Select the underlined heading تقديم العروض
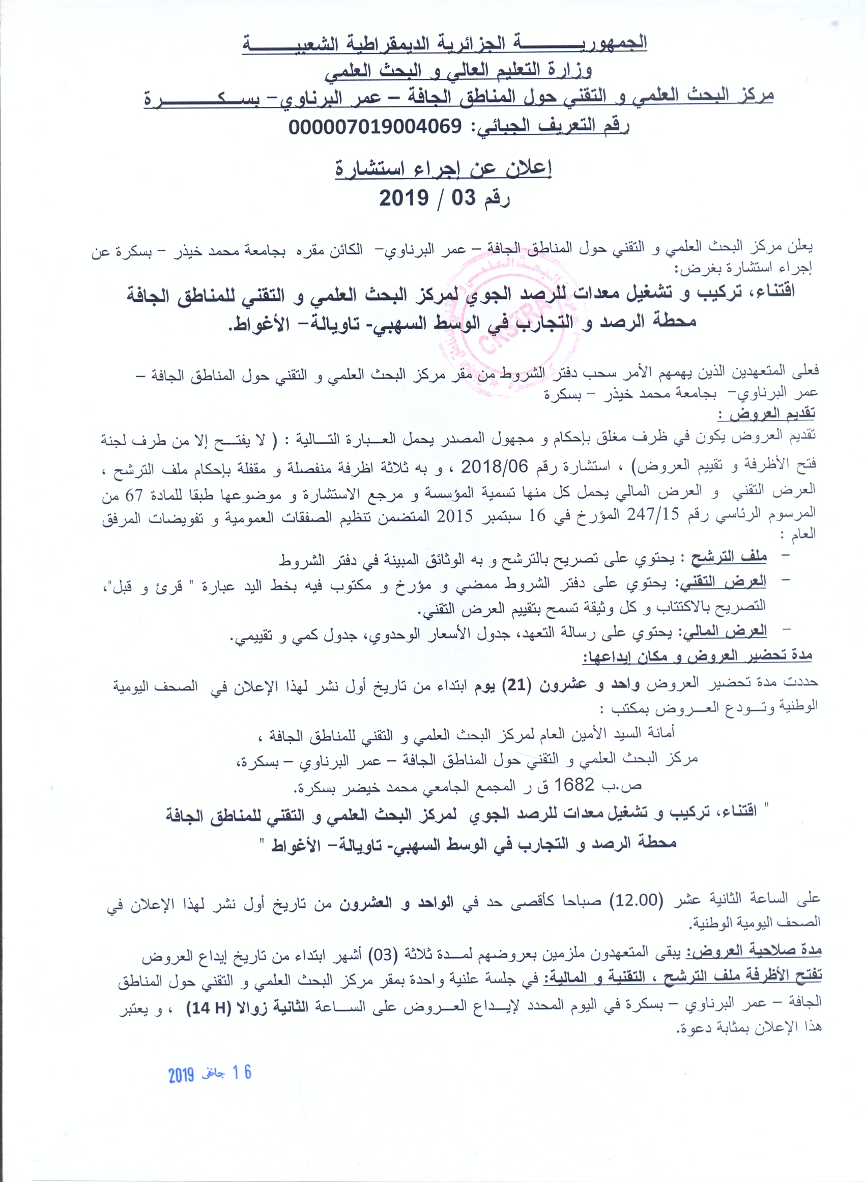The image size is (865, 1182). [x=766, y=415]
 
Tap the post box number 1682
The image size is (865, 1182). [x=574, y=785]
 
